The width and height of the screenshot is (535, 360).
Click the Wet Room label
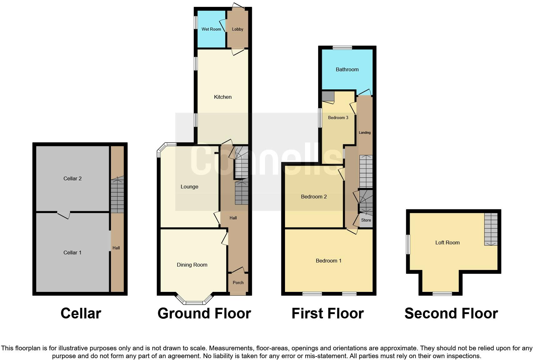[x=211, y=29]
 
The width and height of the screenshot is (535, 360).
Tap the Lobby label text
[x=237, y=29]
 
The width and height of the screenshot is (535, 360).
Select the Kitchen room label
[x=223, y=97]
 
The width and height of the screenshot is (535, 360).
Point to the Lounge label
[x=189, y=187]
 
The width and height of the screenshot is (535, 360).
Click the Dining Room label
[x=192, y=265]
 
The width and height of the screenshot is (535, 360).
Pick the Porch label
[x=238, y=282]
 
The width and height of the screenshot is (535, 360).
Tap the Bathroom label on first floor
[x=347, y=69]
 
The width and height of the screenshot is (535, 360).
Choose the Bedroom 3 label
[x=338, y=117]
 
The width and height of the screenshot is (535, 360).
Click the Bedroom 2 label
[x=314, y=197]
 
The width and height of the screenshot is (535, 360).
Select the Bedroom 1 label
[x=328, y=261]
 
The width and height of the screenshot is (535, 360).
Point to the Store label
[x=366, y=220]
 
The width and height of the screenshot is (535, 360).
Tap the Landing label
[x=365, y=132]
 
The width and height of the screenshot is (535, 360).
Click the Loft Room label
[x=447, y=242]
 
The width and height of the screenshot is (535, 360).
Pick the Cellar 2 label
[x=72, y=178]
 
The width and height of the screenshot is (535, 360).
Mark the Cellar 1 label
[x=72, y=252]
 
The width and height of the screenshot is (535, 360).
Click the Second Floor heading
[x=451, y=313]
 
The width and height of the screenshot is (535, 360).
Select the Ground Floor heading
[x=204, y=313]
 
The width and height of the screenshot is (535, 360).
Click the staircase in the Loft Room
[x=491, y=229]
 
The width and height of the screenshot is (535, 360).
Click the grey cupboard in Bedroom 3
[x=328, y=96]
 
